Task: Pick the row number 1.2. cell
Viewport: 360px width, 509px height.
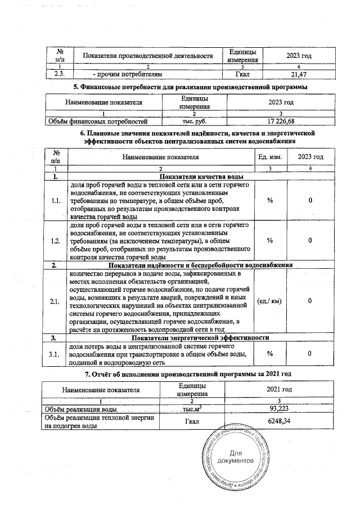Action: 56,240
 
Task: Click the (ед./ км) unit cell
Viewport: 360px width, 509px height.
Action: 269,301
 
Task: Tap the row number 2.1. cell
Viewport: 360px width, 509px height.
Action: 56,301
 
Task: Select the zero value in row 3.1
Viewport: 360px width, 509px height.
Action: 310,354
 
